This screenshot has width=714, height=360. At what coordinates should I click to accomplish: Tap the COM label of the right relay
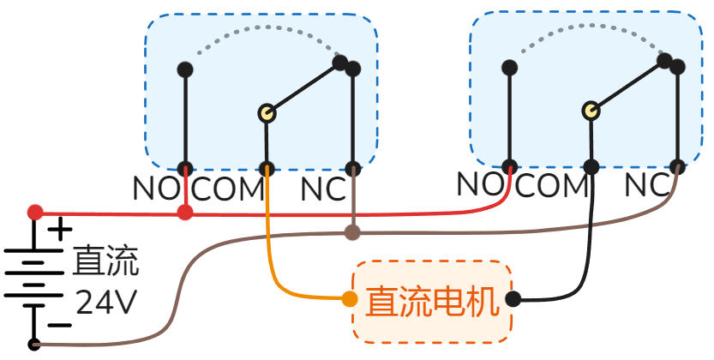pyautogui.click(x=552, y=183)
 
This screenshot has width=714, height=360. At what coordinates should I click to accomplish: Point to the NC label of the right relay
pyautogui.click(x=646, y=183)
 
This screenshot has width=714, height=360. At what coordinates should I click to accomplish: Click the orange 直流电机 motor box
pyautogui.click(x=433, y=301)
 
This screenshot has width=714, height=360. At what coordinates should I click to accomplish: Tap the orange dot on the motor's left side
pyautogui.click(x=350, y=299)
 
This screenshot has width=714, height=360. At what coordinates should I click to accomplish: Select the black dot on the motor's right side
pyautogui.click(x=513, y=299)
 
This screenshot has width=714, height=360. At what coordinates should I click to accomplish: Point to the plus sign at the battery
pyautogui.click(x=59, y=229)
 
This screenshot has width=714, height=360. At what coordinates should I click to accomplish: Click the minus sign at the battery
pyautogui.click(x=58, y=325)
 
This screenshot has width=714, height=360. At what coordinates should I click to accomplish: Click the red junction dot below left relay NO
pyautogui.click(x=184, y=212)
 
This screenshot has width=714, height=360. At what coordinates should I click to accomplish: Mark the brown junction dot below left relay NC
pyautogui.click(x=351, y=231)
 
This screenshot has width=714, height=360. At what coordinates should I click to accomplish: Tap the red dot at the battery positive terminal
pyautogui.click(x=35, y=212)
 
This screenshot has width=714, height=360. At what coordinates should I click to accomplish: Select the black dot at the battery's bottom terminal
pyautogui.click(x=34, y=345)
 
